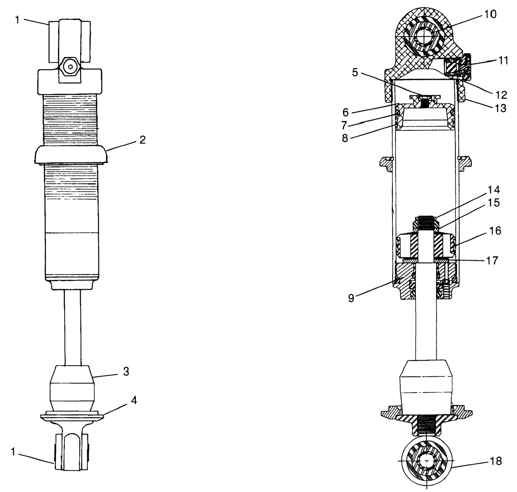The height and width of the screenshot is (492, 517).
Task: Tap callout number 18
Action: pos(495,461)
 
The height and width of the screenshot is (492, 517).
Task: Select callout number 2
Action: pos(142,140)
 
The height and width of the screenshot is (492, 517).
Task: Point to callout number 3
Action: pos(126,372)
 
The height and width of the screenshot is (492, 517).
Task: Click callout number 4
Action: pos(134,400)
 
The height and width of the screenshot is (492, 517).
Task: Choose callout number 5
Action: pos(355,72)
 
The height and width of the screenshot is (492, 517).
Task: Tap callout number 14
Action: pos(493,189)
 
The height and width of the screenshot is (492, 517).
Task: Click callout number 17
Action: pos(492,260)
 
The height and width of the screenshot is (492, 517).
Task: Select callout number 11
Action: pos(503,60)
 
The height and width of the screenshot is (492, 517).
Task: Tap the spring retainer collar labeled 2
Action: pos(71,155)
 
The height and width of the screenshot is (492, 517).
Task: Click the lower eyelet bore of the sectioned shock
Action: pos(427,468)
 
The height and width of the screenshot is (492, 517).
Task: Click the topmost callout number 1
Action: pos(18,20)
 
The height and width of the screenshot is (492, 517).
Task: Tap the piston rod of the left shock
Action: pos(73,328)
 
